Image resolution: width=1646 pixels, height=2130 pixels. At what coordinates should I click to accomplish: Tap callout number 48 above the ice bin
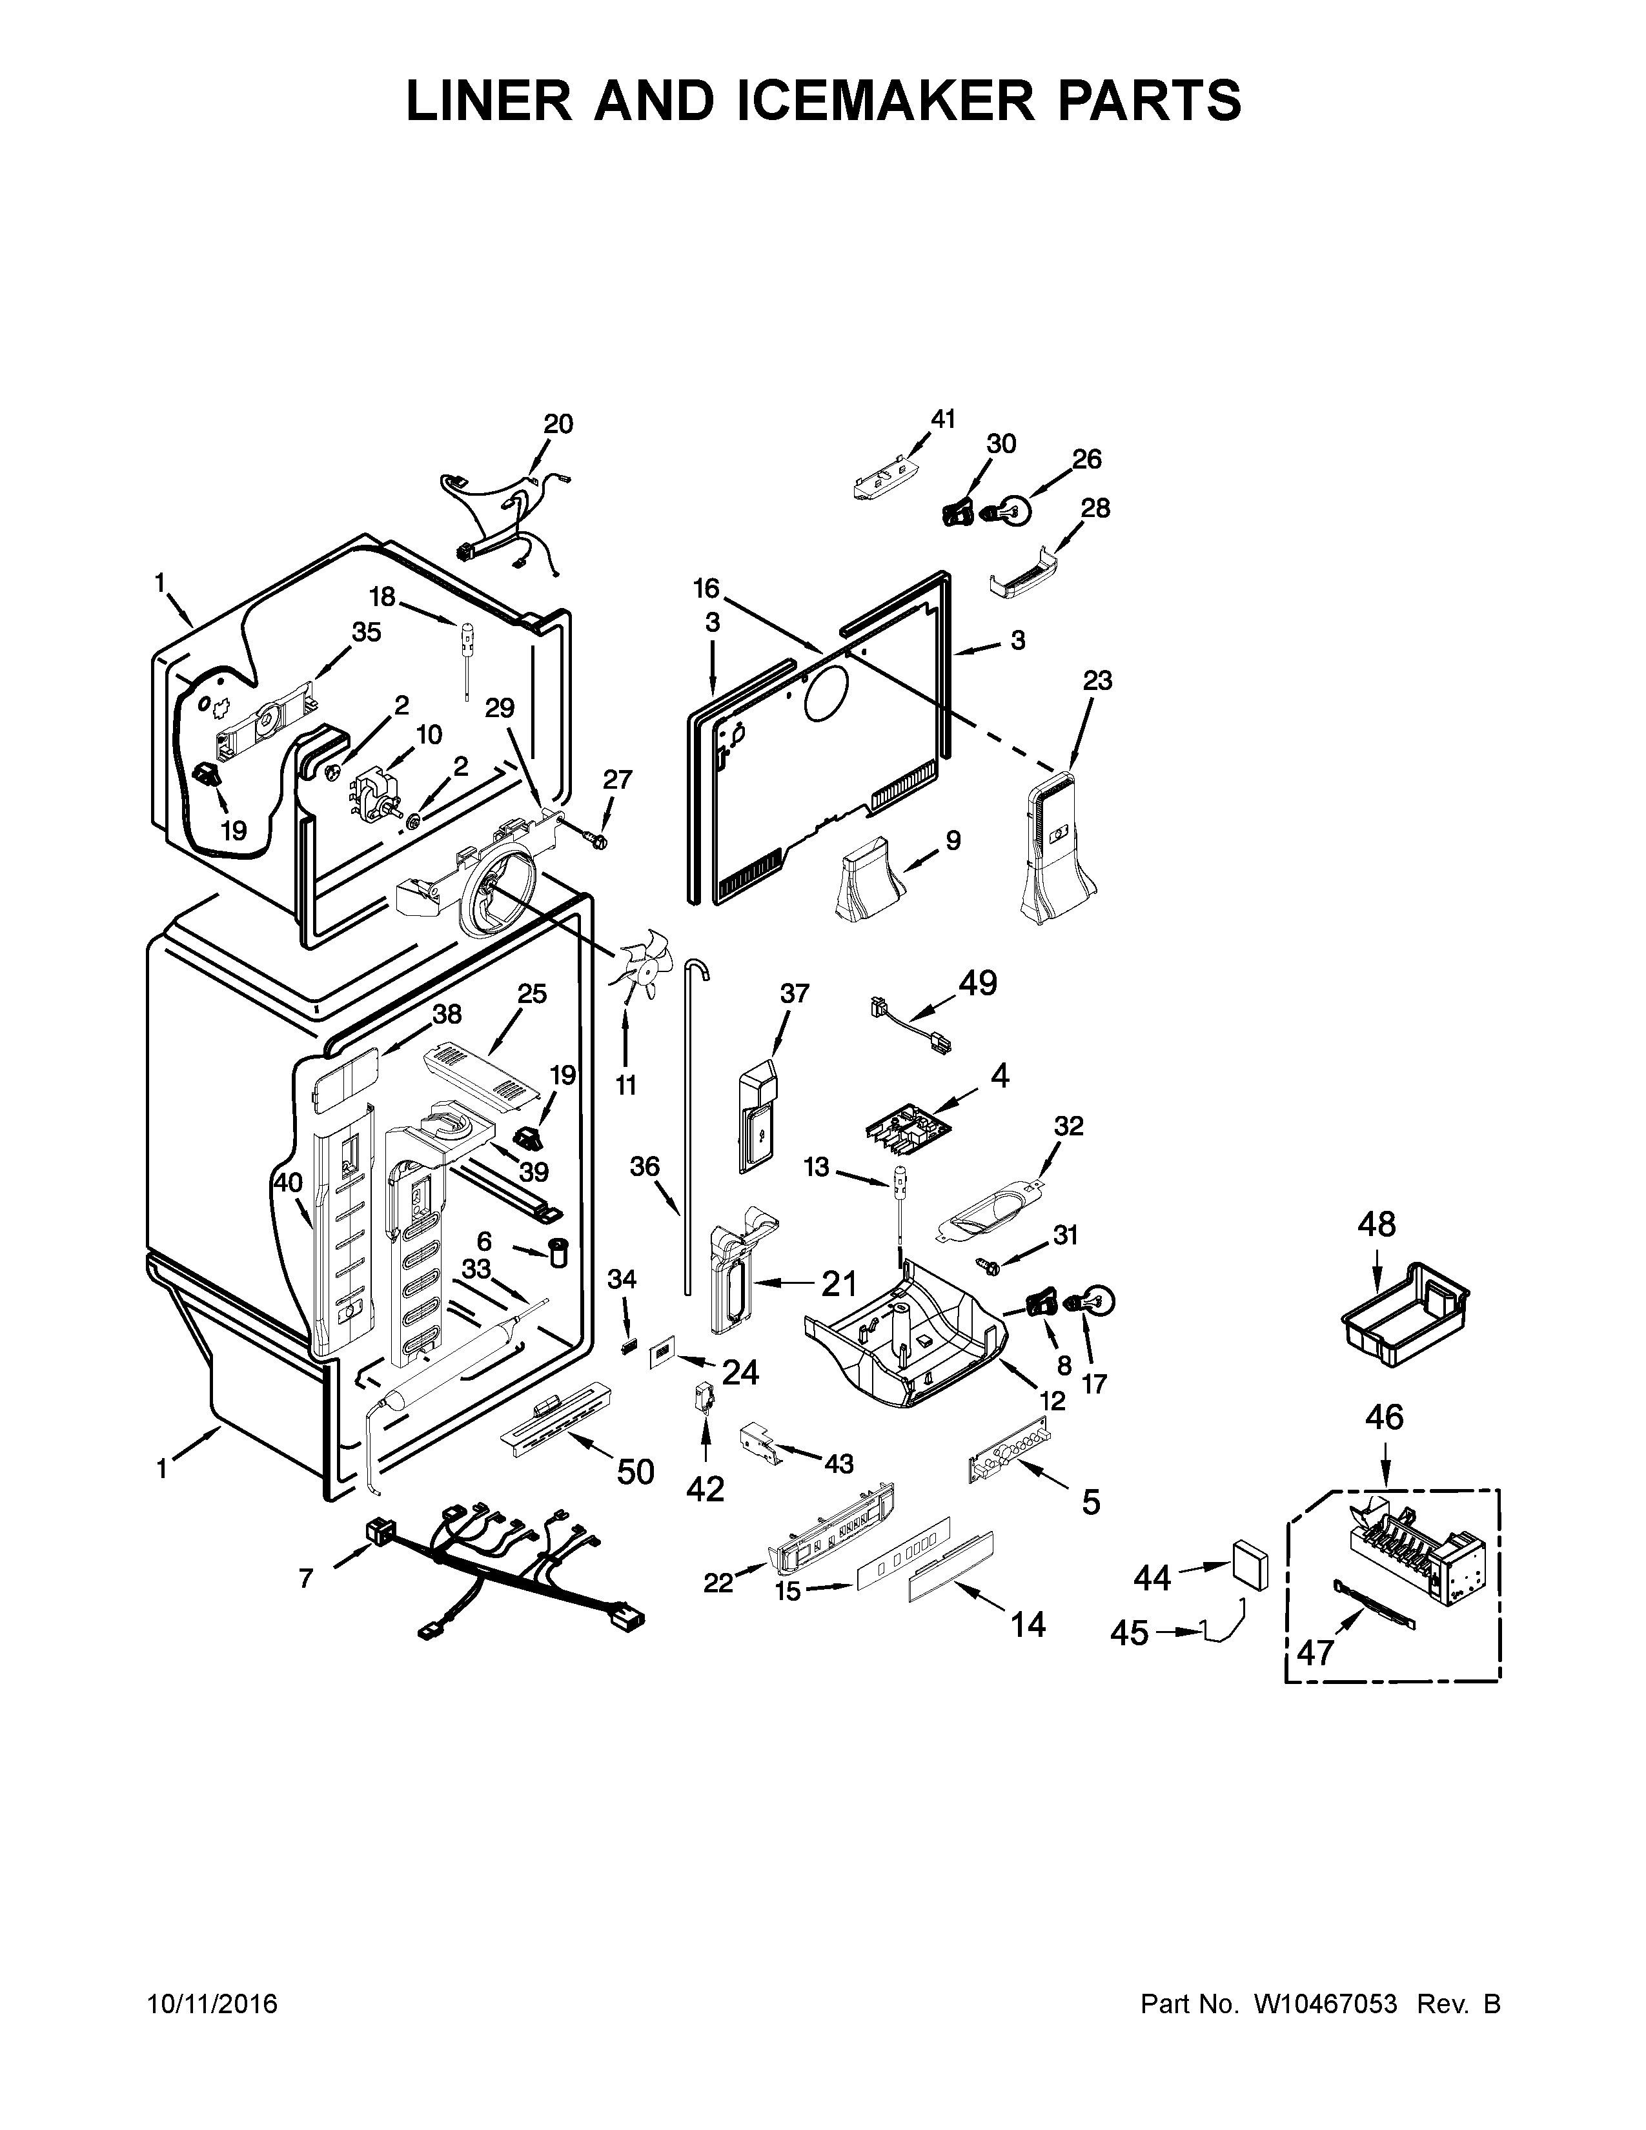click(x=1376, y=1223)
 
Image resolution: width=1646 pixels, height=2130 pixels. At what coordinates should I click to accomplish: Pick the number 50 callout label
click(x=635, y=1472)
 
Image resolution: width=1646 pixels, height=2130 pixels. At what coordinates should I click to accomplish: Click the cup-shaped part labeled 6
click(x=560, y=1252)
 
